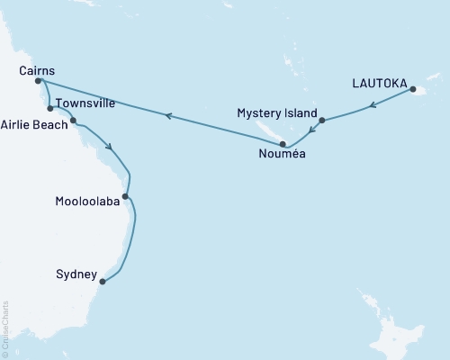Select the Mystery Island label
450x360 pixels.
(277, 113)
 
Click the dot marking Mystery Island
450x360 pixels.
(321, 120)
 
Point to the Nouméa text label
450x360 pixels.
(282, 155)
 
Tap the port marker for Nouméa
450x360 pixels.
(283, 143)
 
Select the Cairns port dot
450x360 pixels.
(38, 81)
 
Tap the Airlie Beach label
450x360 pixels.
(34, 125)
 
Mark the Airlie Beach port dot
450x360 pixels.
(73, 121)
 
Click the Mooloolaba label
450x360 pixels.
(87, 202)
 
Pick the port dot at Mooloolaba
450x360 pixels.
(125, 196)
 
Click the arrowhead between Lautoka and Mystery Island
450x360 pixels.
(371, 106)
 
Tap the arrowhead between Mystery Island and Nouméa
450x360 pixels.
(311, 131)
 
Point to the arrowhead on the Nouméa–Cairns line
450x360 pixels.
(166, 114)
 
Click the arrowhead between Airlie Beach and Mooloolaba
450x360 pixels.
(109, 148)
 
